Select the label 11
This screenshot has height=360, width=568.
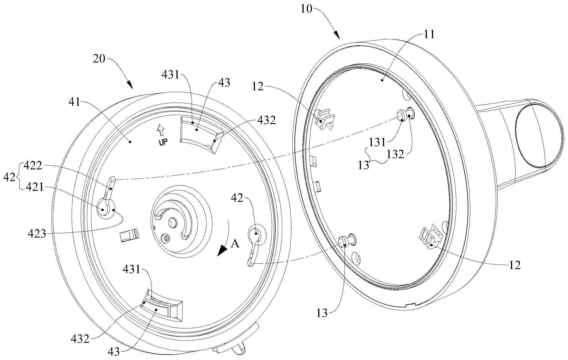click(429, 35)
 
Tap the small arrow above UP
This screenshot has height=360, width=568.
click(161, 131)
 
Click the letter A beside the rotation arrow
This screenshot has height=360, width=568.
click(235, 244)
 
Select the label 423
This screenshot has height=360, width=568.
click(37, 234)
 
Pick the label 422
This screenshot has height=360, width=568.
click(33, 165)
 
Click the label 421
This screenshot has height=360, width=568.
click(35, 187)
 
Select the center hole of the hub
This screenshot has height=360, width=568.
click(173, 222)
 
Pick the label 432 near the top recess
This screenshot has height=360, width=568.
click(267, 121)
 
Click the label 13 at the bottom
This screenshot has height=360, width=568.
click(322, 313)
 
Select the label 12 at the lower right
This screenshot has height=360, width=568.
click(515, 265)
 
